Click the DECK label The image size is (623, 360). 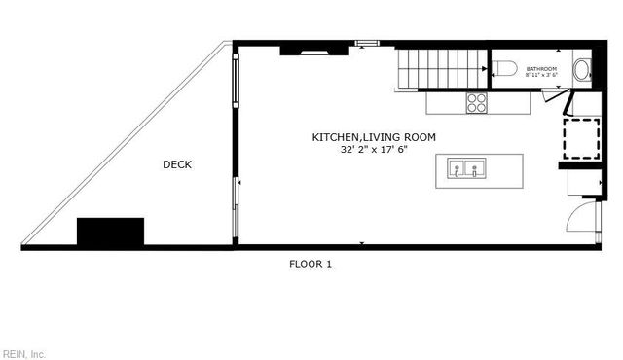coord(176,165)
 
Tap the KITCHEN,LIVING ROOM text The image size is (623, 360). coord(374,138)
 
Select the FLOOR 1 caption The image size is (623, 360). coord(311,264)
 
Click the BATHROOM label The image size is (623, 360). coord(541,69)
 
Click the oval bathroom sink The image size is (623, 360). coord(581,69)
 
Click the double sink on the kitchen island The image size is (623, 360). coord(467,170)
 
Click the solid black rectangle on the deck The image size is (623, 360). coord(110,232)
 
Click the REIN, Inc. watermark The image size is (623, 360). coord(23,353)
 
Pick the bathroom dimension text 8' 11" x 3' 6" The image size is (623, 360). coord(541,76)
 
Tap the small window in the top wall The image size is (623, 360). coord(366,43)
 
